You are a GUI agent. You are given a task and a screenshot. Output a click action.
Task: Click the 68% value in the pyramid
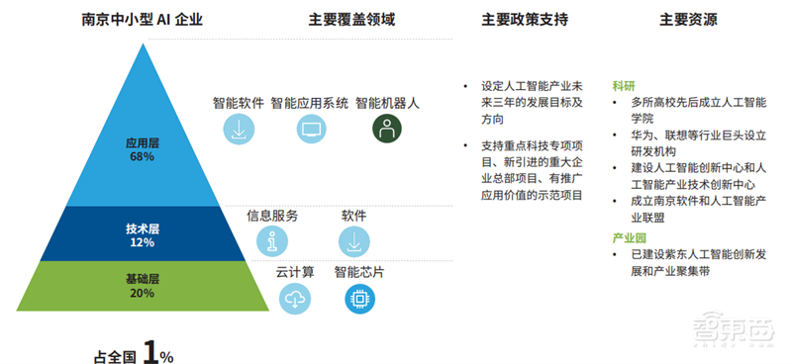pyautogui.click(x=142, y=156)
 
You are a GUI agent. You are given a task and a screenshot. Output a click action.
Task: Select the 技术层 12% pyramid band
pyautogui.click(x=142, y=235)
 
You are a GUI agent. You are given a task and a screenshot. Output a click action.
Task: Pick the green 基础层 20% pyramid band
pyautogui.click(x=142, y=286)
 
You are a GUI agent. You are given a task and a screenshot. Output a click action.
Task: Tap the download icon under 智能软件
pyautogui.click(x=238, y=129)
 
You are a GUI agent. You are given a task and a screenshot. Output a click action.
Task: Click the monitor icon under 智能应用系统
pyautogui.click(x=311, y=129)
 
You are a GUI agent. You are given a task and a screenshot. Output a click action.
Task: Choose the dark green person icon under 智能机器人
pyautogui.click(x=387, y=129)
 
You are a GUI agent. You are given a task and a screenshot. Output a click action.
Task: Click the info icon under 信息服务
pyautogui.click(x=271, y=240)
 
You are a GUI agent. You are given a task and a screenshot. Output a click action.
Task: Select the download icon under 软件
pyautogui.click(x=353, y=240)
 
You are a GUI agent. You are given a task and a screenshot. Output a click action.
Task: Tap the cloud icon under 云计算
pyautogui.click(x=295, y=298)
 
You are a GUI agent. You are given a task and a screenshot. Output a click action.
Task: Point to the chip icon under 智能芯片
pyautogui.click(x=359, y=298)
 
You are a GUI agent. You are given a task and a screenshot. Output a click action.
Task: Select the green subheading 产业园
pyautogui.click(x=629, y=237)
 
